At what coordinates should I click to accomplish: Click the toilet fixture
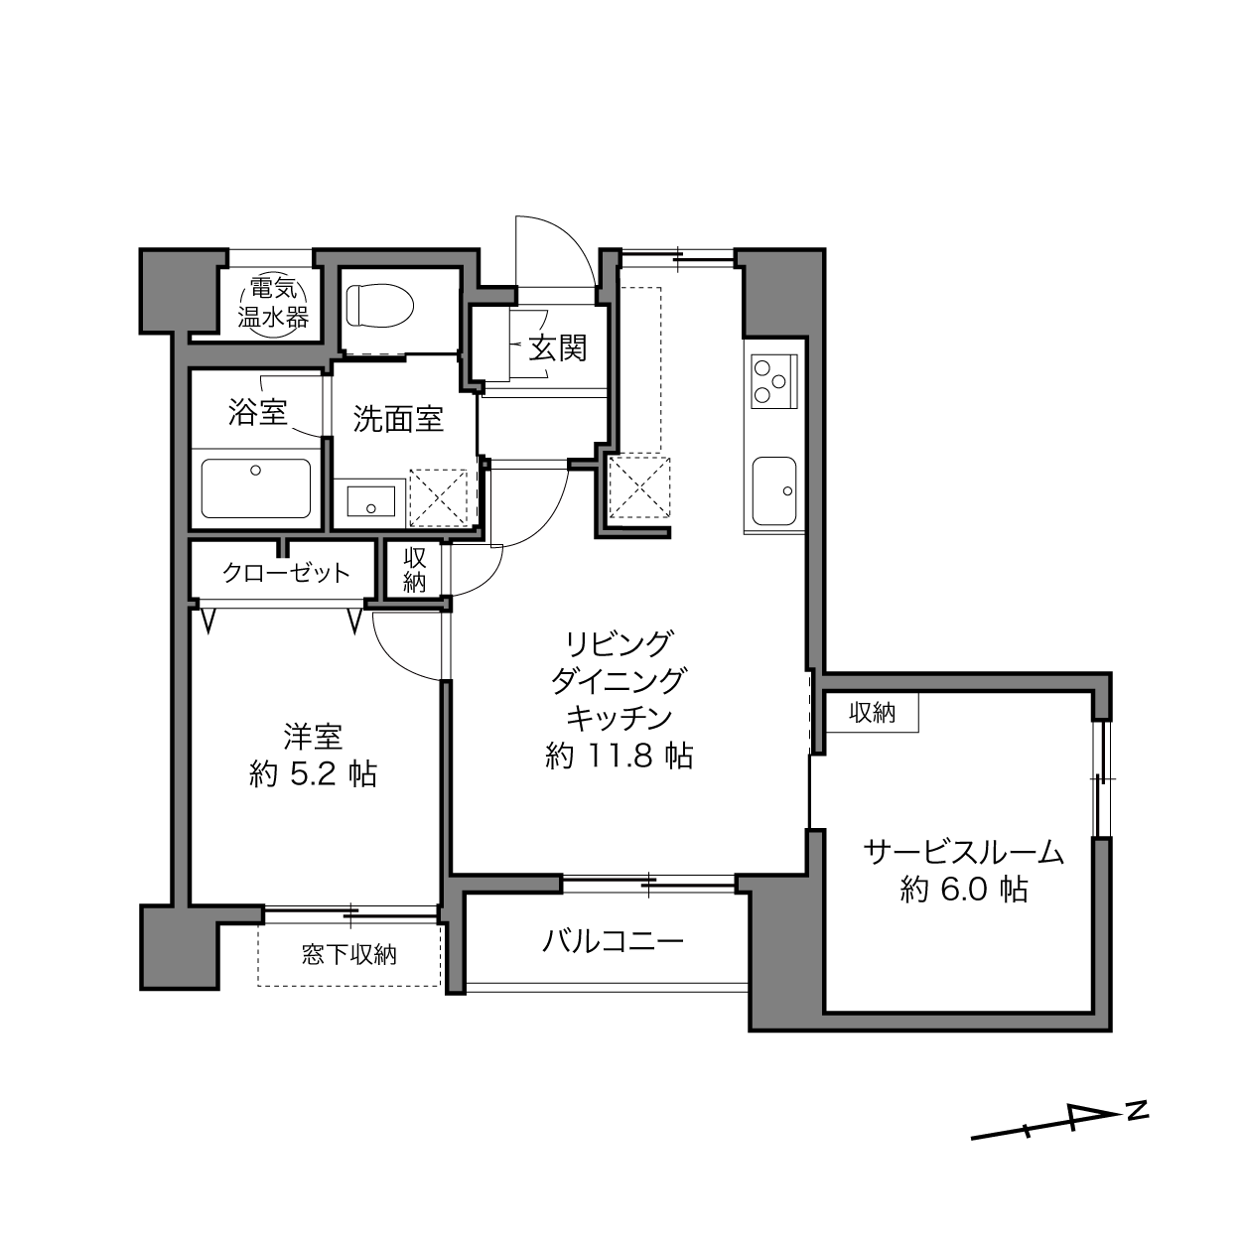click(380, 306)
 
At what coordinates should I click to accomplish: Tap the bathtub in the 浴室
click(255, 488)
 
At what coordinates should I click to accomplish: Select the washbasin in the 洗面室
click(371, 501)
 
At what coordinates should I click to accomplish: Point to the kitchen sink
click(774, 491)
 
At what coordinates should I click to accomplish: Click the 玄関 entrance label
click(558, 348)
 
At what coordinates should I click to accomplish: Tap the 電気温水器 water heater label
click(273, 303)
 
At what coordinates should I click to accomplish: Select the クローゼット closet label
click(286, 573)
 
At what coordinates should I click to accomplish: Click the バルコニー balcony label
click(613, 942)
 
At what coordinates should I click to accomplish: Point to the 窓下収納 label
click(348, 955)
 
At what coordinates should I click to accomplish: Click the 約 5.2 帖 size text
click(314, 774)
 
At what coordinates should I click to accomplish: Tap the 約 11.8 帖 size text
click(620, 756)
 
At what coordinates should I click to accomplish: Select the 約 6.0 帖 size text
click(964, 891)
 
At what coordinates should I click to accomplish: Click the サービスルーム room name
click(963, 853)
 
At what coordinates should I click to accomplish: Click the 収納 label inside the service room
click(872, 713)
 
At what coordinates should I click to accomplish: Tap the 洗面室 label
click(398, 420)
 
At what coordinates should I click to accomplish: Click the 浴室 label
click(258, 412)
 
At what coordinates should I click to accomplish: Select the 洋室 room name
click(314, 737)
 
